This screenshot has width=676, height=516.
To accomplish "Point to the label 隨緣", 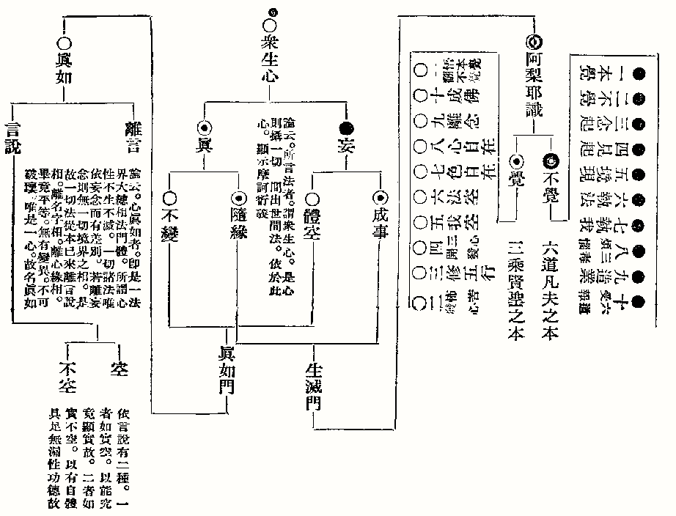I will [x=237, y=218].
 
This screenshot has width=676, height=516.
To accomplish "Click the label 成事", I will [x=380, y=218].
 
